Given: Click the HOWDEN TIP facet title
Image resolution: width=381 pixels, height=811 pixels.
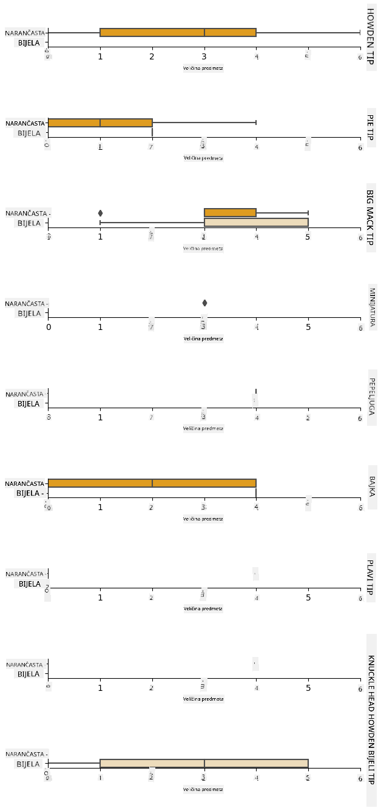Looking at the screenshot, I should point(371,37).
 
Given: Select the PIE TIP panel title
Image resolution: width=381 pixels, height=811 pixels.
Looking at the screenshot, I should point(371,128).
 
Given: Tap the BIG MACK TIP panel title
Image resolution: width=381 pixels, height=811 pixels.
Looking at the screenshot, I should point(371,218).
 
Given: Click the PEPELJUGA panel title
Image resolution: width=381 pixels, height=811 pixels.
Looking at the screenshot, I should point(371,398).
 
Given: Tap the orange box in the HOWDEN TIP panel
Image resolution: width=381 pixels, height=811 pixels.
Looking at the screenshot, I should point(178,32).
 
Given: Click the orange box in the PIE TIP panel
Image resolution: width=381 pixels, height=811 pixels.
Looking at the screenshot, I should point(100,123).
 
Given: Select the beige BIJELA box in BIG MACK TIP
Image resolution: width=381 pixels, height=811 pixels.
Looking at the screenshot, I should point(256,222).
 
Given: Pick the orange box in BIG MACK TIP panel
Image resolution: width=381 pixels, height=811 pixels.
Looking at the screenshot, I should point(230,212).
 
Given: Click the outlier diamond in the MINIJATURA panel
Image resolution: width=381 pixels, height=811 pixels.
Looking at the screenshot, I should point(204,303).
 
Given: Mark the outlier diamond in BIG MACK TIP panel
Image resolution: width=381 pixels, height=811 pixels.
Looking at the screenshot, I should point(100,213).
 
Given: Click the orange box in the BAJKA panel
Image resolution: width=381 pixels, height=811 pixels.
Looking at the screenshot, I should point(152,483).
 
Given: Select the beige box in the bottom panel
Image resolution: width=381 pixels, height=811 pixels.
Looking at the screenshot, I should point(204,763).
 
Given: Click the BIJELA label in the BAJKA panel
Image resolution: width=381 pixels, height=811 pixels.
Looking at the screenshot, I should point(29,493).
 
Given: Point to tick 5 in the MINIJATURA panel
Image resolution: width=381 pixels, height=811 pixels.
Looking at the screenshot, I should point(308,326).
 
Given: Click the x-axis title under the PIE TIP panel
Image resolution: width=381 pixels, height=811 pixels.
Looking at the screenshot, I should point(203,158).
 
